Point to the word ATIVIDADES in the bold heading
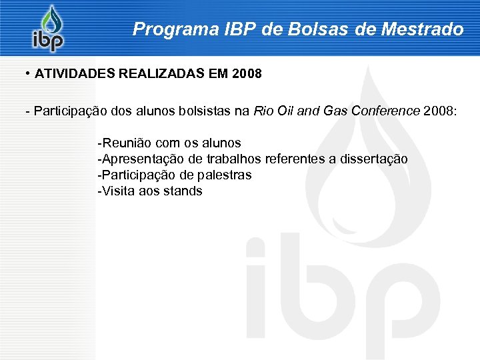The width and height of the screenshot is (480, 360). click(x=75, y=74)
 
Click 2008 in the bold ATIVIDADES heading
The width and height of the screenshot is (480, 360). click(x=247, y=74)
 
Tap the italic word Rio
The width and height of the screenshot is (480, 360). click(x=263, y=111)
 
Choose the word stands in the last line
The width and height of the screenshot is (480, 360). click(x=185, y=191)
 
